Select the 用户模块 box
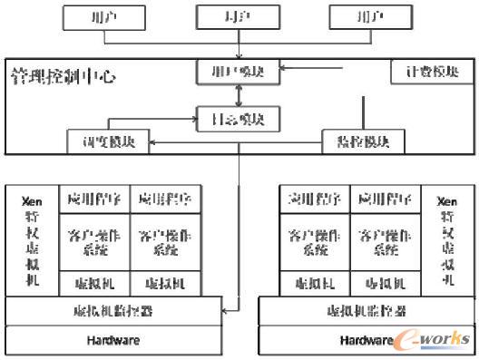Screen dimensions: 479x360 pos(239,70)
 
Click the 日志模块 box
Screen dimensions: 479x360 pos(239,116)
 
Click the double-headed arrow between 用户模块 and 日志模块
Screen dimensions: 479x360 pos(239,93)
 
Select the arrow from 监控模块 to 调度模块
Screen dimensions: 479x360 pos(236,141)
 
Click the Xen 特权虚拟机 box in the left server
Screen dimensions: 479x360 pos(33,239)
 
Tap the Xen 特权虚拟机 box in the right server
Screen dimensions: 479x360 pos(446,239)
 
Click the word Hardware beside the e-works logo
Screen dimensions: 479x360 pos(366,341)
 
